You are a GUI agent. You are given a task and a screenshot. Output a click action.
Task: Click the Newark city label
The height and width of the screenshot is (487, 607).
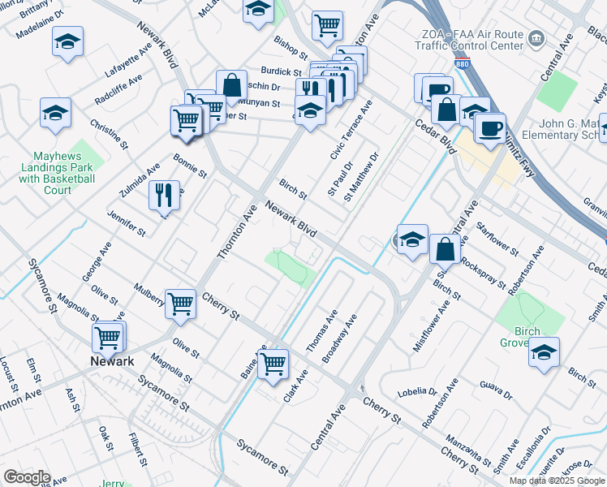pyautogui.click(x=111, y=361)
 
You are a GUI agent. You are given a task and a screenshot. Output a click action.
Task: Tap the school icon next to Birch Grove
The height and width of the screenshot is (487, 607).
pyautogui.click(x=544, y=351)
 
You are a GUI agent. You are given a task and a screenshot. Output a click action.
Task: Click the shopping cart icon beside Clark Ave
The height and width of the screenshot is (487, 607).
pyautogui.click(x=274, y=362)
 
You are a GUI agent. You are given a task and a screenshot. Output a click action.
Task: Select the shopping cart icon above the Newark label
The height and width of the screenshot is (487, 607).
pyautogui.click(x=109, y=334)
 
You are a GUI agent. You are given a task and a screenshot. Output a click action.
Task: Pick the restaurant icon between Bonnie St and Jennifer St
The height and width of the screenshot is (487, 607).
pyautogui.click(x=165, y=193)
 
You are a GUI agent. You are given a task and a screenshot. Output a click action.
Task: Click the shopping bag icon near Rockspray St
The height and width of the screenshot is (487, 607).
pyautogui.click(x=445, y=248)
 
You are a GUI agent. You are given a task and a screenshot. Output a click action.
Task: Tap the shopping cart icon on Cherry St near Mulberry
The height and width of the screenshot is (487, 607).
pyautogui.click(x=180, y=303)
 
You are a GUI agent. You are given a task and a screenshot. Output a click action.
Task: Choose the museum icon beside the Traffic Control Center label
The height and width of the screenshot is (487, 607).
pyautogui.click(x=536, y=38)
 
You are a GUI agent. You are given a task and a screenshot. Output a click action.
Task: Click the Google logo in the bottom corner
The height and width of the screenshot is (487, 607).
pyautogui.click(x=26, y=476)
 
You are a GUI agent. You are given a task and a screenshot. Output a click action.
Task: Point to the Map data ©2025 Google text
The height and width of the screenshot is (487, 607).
pyautogui.click(x=557, y=481)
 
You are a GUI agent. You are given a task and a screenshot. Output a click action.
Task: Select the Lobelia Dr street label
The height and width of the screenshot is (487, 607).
pyautogui.click(x=417, y=392)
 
